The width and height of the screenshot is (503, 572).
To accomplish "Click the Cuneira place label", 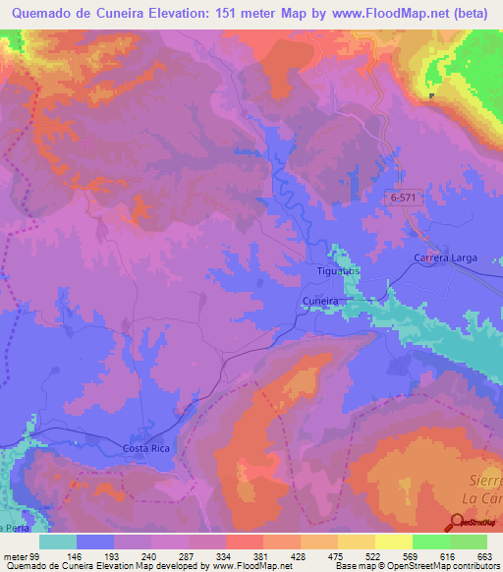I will (319, 303).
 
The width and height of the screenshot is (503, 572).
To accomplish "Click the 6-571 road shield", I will (404, 198).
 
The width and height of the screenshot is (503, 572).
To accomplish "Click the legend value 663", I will (482, 556).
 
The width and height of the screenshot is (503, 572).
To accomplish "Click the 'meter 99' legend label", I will (20, 556).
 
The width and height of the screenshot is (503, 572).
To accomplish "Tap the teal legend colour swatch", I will (58, 542).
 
